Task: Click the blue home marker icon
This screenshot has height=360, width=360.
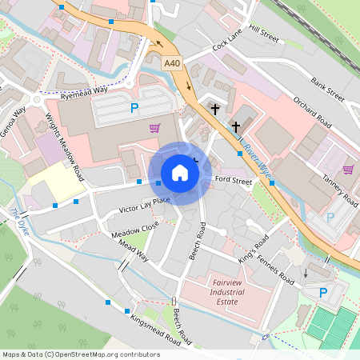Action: pos(180,173)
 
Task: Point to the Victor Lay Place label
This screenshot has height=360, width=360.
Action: pos(145,206)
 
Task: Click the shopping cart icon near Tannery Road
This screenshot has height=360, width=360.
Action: pos(348,169)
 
